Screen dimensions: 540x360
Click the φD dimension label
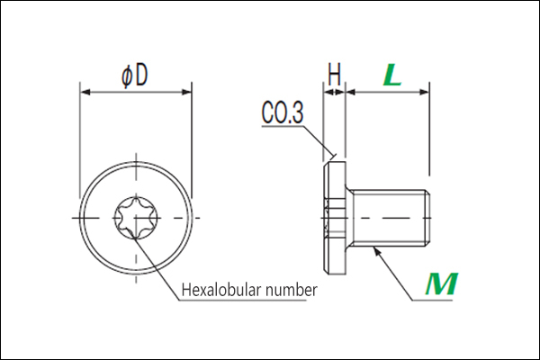click(x=135, y=76)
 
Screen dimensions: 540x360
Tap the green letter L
click(x=392, y=75)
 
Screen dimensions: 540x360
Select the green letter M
click(x=441, y=284)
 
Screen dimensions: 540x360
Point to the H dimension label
click(x=334, y=75)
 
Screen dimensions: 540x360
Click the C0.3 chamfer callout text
click(x=283, y=112)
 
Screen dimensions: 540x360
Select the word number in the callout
click(x=292, y=291)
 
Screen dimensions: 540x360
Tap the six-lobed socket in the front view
click(x=137, y=218)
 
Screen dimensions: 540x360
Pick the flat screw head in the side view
click(x=335, y=218)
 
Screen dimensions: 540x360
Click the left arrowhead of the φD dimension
click(x=85, y=92)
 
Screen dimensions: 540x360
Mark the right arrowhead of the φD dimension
click(x=186, y=92)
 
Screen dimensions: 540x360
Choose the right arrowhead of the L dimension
click(x=424, y=92)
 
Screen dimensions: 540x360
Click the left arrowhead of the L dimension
click(x=351, y=92)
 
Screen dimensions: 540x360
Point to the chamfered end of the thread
click(x=427, y=218)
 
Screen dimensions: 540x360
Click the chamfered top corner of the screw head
click(x=326, y=164)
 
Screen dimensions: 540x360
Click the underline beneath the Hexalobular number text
click(x=242, y=300)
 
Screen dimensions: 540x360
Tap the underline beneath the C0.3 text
click(x=283, y=126)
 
